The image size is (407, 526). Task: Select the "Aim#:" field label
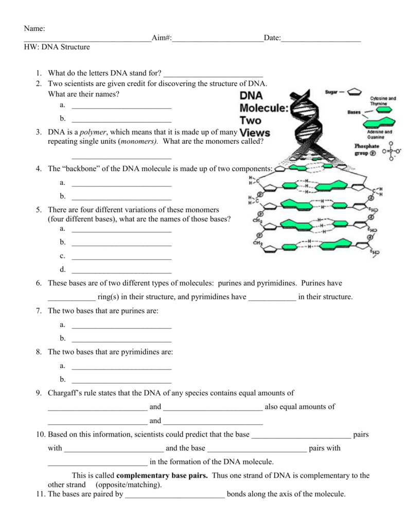(x=162, y=39)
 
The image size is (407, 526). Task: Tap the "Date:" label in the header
(x=272, y=39)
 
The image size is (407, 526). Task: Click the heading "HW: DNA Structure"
(x=57, y=47)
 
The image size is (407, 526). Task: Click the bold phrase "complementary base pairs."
(x=162, y=476)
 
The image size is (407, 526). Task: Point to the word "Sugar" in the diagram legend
(x=331, y=92)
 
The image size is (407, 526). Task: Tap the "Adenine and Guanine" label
(x=380, y=135)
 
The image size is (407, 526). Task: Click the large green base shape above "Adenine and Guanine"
(x=380, y=122)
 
